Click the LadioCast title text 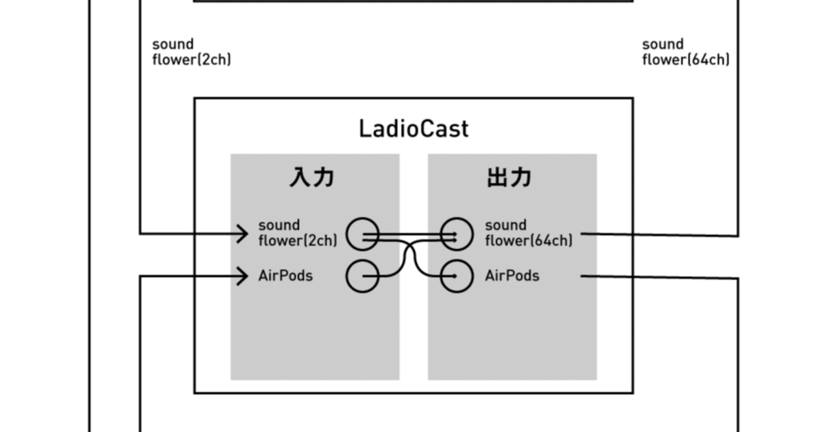[x=413, y=129]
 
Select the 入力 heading [x=312, y=177]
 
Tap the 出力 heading [x=509, y=177]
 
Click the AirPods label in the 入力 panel [x=286, y=276]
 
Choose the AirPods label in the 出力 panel [x=512, y=276]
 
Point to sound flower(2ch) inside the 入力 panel [x=297, y=233]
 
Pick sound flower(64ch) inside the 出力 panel [x=528, y=233]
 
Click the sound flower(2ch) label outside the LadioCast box [x=191, y=52]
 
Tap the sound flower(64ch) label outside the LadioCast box [x=685, y=52]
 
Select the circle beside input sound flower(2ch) [x=363, y=234]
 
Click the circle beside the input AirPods [x=363, y=276]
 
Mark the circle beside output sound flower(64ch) [x=456, y=234]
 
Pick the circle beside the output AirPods [x=456, y=276]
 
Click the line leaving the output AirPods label [x=657, y=277]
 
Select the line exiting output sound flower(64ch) [x=657, y=235]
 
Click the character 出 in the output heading [x=497, y=177]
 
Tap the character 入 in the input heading [x=300, y=177]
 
